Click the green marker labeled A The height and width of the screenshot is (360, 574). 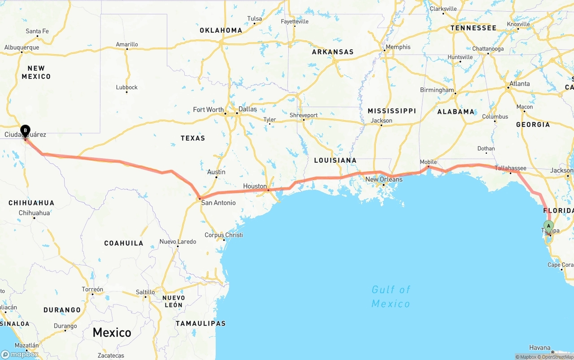click(548, 226)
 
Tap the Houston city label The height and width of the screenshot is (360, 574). click(255, 186)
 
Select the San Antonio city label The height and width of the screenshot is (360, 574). click(218, 203)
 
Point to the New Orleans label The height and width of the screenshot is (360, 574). click(384, 179)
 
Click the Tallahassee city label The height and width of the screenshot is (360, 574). click(510, 168)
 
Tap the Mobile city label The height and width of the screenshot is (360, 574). click(428, 162)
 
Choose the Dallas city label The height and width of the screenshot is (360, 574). click(248, 109)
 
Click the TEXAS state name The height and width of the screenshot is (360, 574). click(193, 138)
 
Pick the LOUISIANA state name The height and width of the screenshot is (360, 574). click(335, 160)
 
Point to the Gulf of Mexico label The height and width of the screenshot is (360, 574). click(391, 296)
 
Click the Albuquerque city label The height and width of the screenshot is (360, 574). click(22, 47)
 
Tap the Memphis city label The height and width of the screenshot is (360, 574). click(398, 47)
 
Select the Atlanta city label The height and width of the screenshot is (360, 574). click(519, 84)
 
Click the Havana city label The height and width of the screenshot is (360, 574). click(539, 347)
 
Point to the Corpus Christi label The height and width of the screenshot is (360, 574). click(224, 235)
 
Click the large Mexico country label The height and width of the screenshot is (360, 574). click(112, 333)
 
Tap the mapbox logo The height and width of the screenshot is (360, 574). click(20, 354)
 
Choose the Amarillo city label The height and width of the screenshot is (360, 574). click(127, 44)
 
